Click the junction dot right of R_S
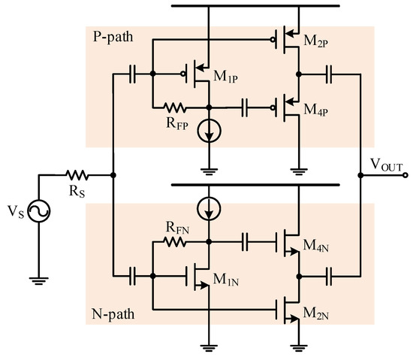(113, 175)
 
